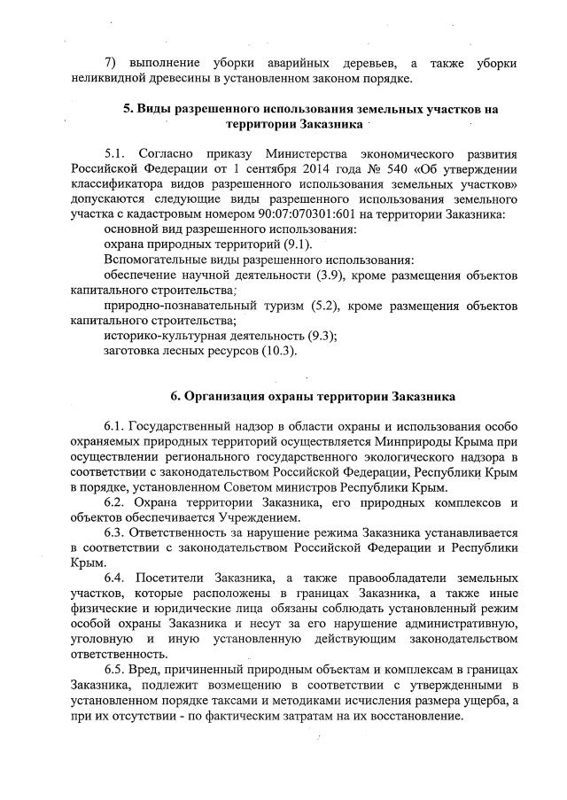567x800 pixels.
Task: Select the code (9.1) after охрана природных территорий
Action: point(296,245)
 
